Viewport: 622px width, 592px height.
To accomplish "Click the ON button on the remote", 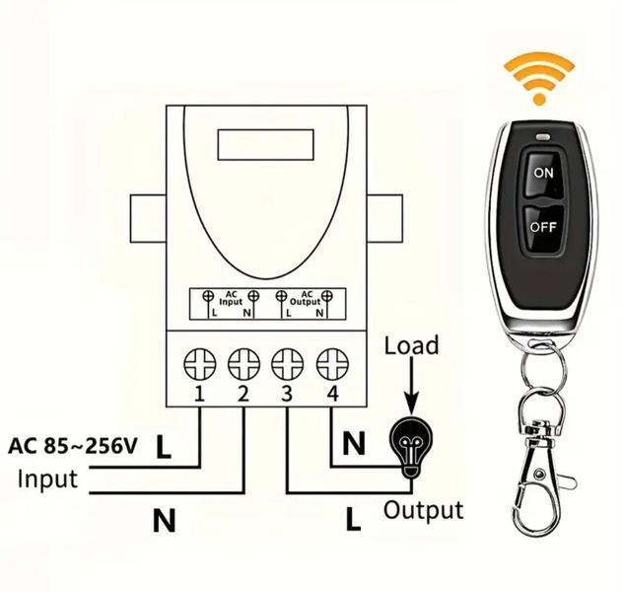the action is (543, 173).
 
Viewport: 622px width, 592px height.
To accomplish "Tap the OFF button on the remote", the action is (543, 228).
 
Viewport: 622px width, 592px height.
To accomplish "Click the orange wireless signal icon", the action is (538, 80).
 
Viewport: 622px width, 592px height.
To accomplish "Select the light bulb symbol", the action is (411, 447).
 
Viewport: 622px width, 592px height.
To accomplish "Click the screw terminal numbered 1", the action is (200, 364).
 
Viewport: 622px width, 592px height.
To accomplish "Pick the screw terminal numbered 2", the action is (243, 364).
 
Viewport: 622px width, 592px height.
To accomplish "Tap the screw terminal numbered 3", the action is (288, 364).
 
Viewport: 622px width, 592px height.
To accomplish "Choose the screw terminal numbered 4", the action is (332, 364).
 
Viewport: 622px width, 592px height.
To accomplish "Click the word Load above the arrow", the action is (411, 344).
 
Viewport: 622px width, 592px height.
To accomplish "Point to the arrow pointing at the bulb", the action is (411, 387).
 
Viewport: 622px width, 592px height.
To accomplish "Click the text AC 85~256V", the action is (73, 446).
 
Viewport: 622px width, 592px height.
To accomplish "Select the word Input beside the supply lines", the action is (47, 481).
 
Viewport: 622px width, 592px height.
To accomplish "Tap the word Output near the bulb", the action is (423, 511).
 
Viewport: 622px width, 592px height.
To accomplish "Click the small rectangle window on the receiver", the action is (266, 144).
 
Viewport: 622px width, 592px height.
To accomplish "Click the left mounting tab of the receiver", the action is (149, 218).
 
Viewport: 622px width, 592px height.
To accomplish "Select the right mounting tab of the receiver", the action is (384, 218).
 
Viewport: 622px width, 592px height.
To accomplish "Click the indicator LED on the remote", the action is (543, 137).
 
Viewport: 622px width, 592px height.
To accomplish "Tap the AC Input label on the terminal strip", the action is (231, 298).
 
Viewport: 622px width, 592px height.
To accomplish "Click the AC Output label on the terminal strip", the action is (305, 298).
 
